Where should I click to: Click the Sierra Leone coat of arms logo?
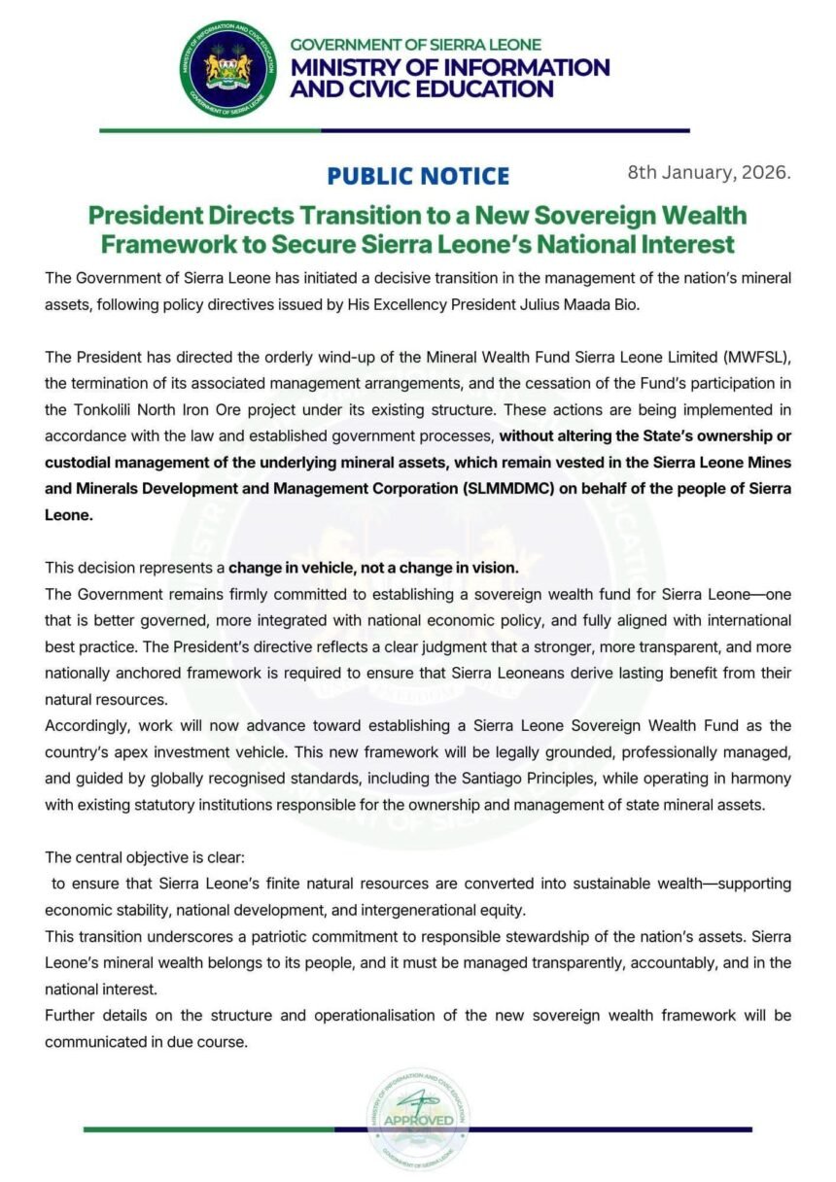pyautogui.click(x=228, y=70)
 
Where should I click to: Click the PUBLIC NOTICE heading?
pyautogui.click(x=418, y=176)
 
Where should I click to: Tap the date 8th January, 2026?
pyautogui.click(x=710, y=174)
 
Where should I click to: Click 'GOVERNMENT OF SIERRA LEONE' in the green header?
pyautogui.click(x=416, y=45)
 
